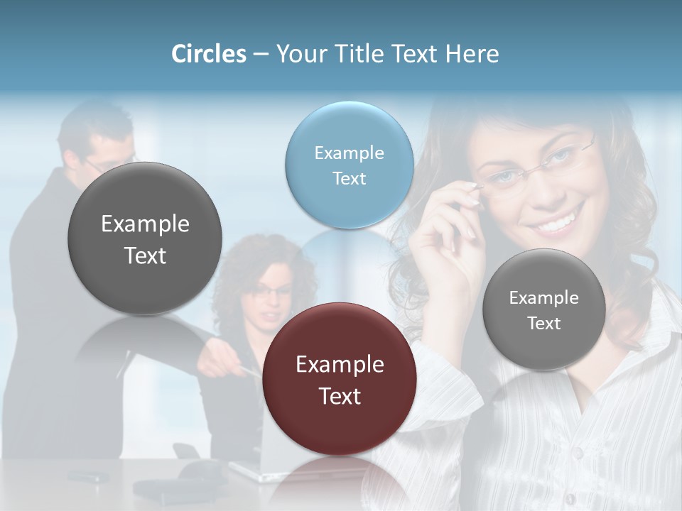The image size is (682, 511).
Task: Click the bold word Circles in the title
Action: (209, 54)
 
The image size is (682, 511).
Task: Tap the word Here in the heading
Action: (472, 54)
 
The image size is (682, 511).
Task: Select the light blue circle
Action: (350, 165)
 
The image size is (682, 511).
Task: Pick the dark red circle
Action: (340, 379)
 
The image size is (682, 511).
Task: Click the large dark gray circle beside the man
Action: (145, 238)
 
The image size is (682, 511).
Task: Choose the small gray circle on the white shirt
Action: (544, 309)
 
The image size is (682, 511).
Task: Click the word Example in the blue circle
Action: (349, 153)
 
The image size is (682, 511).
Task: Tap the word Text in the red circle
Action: (340, 396)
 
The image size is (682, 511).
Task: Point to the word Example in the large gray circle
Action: (145, 224)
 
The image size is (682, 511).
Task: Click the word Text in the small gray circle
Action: (544, 324)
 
